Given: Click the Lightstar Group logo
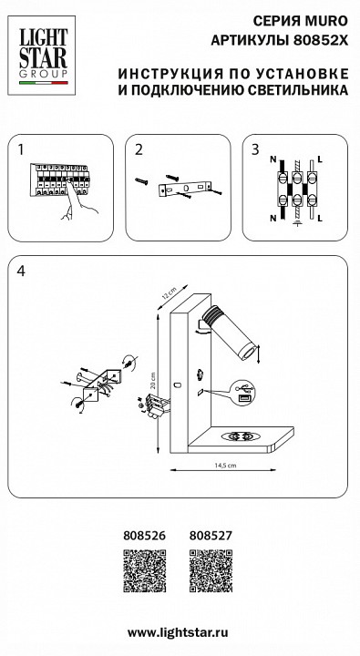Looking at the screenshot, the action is tap(41, 56).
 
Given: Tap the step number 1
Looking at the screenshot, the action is tap(21, 149).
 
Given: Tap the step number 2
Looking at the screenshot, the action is tap(139, 149).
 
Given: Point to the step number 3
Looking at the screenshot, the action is tap(255, 149).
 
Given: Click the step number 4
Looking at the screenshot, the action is tap(21, 272).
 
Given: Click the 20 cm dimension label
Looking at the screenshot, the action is tap(154, 380).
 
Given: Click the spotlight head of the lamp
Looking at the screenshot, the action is tap(229, 333).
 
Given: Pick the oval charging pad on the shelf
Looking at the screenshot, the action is tap(242, 436).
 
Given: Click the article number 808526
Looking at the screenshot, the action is tap(144, 536).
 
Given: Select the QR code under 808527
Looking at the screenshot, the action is tap(211, 571).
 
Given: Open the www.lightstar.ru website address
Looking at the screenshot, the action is tap(178, 633).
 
